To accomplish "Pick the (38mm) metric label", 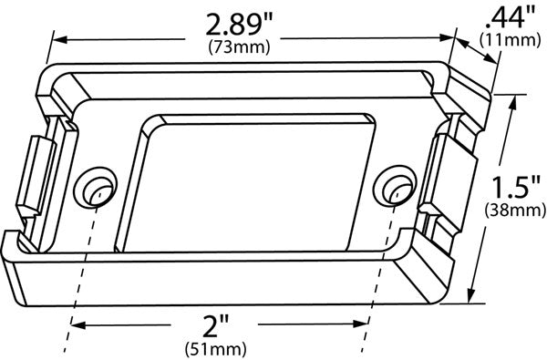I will [511, 211].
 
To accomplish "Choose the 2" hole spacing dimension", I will [216, 325].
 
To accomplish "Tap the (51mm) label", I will [216, 347].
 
